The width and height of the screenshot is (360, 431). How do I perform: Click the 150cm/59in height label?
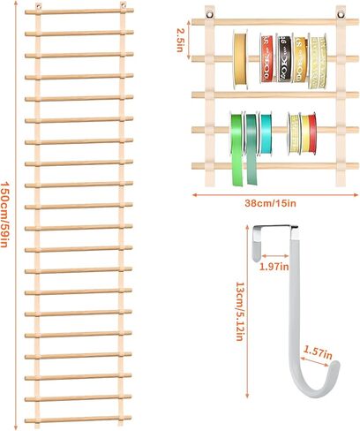(4, 214)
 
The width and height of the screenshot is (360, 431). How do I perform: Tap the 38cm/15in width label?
(270, 203)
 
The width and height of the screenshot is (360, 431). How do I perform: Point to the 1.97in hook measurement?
(274, 267)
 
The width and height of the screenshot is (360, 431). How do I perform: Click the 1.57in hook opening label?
(318, 352)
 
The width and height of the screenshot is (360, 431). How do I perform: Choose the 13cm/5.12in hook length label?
(239, 312)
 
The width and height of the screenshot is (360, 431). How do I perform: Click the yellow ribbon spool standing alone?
(240, 59)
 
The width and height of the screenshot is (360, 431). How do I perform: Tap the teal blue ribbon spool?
(266, 134)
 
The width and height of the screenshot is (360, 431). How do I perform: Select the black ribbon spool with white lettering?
(284, 58)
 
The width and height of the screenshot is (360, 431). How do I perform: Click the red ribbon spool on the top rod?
(267, 58)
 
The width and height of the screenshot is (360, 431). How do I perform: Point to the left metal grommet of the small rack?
(210, 14)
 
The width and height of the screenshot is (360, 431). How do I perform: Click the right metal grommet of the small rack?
(341, 14)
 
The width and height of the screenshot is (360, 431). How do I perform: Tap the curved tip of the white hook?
(335, 367)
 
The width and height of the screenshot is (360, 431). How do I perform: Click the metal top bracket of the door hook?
(275, 227)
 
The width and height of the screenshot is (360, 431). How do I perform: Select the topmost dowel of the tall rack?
(79, 11)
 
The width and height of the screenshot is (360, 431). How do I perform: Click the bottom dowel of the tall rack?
(78, 419)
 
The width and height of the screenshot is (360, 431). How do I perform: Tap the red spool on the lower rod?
(312, 133)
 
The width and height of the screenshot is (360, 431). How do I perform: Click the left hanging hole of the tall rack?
(38, 5)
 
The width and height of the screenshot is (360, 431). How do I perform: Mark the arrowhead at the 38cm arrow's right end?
(356, 194)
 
